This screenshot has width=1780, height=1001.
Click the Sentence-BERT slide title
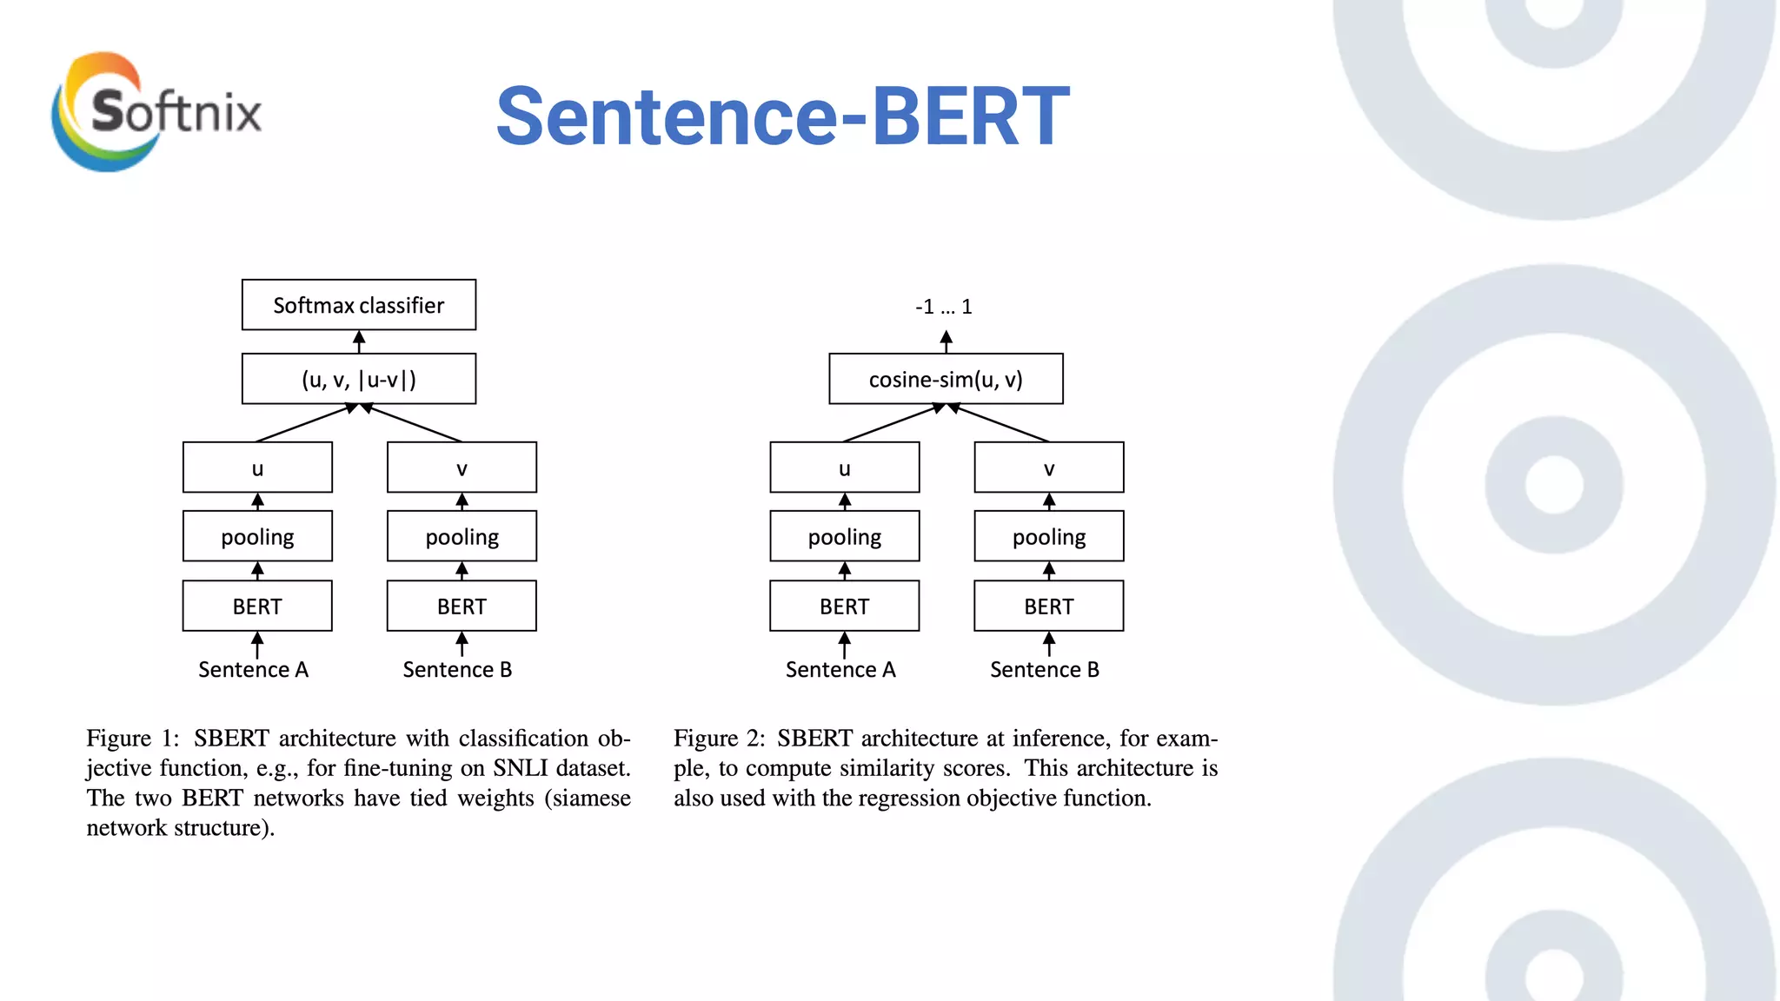pyautogui.click(x=782, y=116)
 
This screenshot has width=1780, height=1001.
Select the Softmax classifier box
pyautogui.click(x=358, y=305)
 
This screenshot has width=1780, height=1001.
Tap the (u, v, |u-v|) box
pyautogui.click(x=358, y=379)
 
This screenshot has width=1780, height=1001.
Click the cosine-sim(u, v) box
pyautogui.click(x=946, y=379)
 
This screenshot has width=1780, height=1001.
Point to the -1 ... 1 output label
pyautogui.click(x=944, y=307)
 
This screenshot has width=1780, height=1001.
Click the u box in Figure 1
pyautogui.click(x=257, y=468)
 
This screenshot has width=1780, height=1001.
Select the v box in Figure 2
pyautogui.click(x=1049, y=468)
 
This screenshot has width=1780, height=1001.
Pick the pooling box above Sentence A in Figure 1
pyautogui.click(x=257, y=537)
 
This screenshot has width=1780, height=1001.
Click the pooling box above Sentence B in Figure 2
pyautogui.click(x=1049, y=537)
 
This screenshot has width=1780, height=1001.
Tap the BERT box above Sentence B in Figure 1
pyautogui.click(x=462, y=607)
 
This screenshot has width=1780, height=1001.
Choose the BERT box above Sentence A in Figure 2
pyautogui.click(x=844, y=607)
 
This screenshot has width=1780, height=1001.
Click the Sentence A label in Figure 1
pyautogui.click(x=253, y=670)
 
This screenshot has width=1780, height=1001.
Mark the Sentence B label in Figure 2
pyautogui.click(x=1045, y=670)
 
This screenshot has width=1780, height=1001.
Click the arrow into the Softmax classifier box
pyautogui.click(x=359, y=341)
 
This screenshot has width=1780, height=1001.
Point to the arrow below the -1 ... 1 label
pyautogui.click(x=946, y=341)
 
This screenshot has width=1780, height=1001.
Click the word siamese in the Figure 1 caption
pyautogui.click(x=592, y=799)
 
